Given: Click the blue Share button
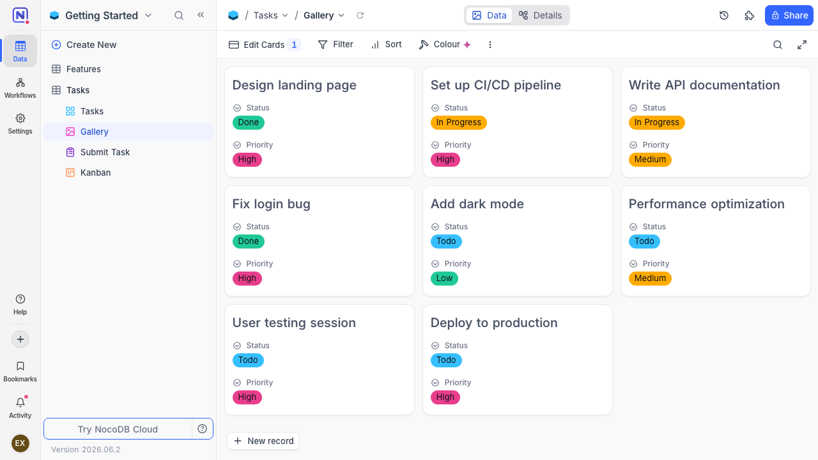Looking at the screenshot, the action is [789, 15].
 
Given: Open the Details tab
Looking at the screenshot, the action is [541, 15].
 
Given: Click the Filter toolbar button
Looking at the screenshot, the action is [336, 45].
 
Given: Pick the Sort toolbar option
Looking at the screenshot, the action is [387, 45].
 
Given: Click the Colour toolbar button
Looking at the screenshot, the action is [445, 45].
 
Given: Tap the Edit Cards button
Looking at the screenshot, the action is [265, 45].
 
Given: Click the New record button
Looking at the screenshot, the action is [263, 441].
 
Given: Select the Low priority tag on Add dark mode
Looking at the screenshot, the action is [444, 278].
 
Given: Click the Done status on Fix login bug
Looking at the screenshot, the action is [249, 241].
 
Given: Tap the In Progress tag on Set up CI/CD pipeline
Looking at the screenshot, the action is [458, 122].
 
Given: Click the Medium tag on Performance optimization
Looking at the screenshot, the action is [650, 278].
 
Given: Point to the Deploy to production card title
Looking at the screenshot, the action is [494, 323].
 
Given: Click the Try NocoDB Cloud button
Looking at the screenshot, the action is [118, 429].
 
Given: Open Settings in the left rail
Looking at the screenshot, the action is [20, 124].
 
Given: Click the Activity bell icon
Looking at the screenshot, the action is [20, 402].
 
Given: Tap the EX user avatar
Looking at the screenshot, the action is [20, 443].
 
